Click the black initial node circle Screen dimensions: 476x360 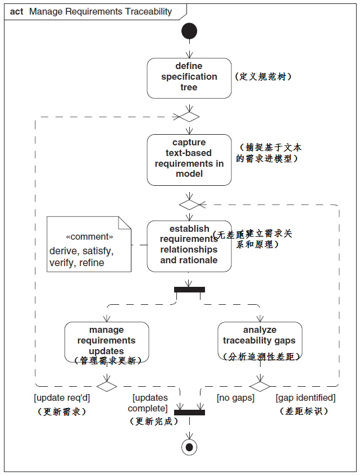click(189, 31)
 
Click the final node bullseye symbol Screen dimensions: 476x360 click(189, 446)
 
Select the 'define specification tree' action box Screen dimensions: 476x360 click(189, 77)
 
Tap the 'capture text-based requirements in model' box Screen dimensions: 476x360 click(189, 159)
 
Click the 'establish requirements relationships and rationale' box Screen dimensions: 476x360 click(189, 245)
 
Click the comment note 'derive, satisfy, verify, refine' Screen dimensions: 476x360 click(89, 244)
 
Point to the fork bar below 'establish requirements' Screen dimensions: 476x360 click(189, 290)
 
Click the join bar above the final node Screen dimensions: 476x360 click(189, 413)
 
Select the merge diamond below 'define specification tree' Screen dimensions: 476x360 click(189, 117)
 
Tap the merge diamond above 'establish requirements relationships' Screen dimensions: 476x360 click(189, 205)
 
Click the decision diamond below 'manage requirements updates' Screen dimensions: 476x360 click(107, 386)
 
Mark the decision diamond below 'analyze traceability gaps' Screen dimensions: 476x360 click(259, 386)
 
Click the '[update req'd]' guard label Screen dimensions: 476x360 click(62, 398)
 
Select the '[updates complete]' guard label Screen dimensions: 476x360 click(150, 403)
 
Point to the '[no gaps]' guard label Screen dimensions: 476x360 click(235, 398)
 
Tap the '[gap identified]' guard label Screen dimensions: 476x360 click(305, 398)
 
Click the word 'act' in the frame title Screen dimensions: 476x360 click(17, 11)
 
